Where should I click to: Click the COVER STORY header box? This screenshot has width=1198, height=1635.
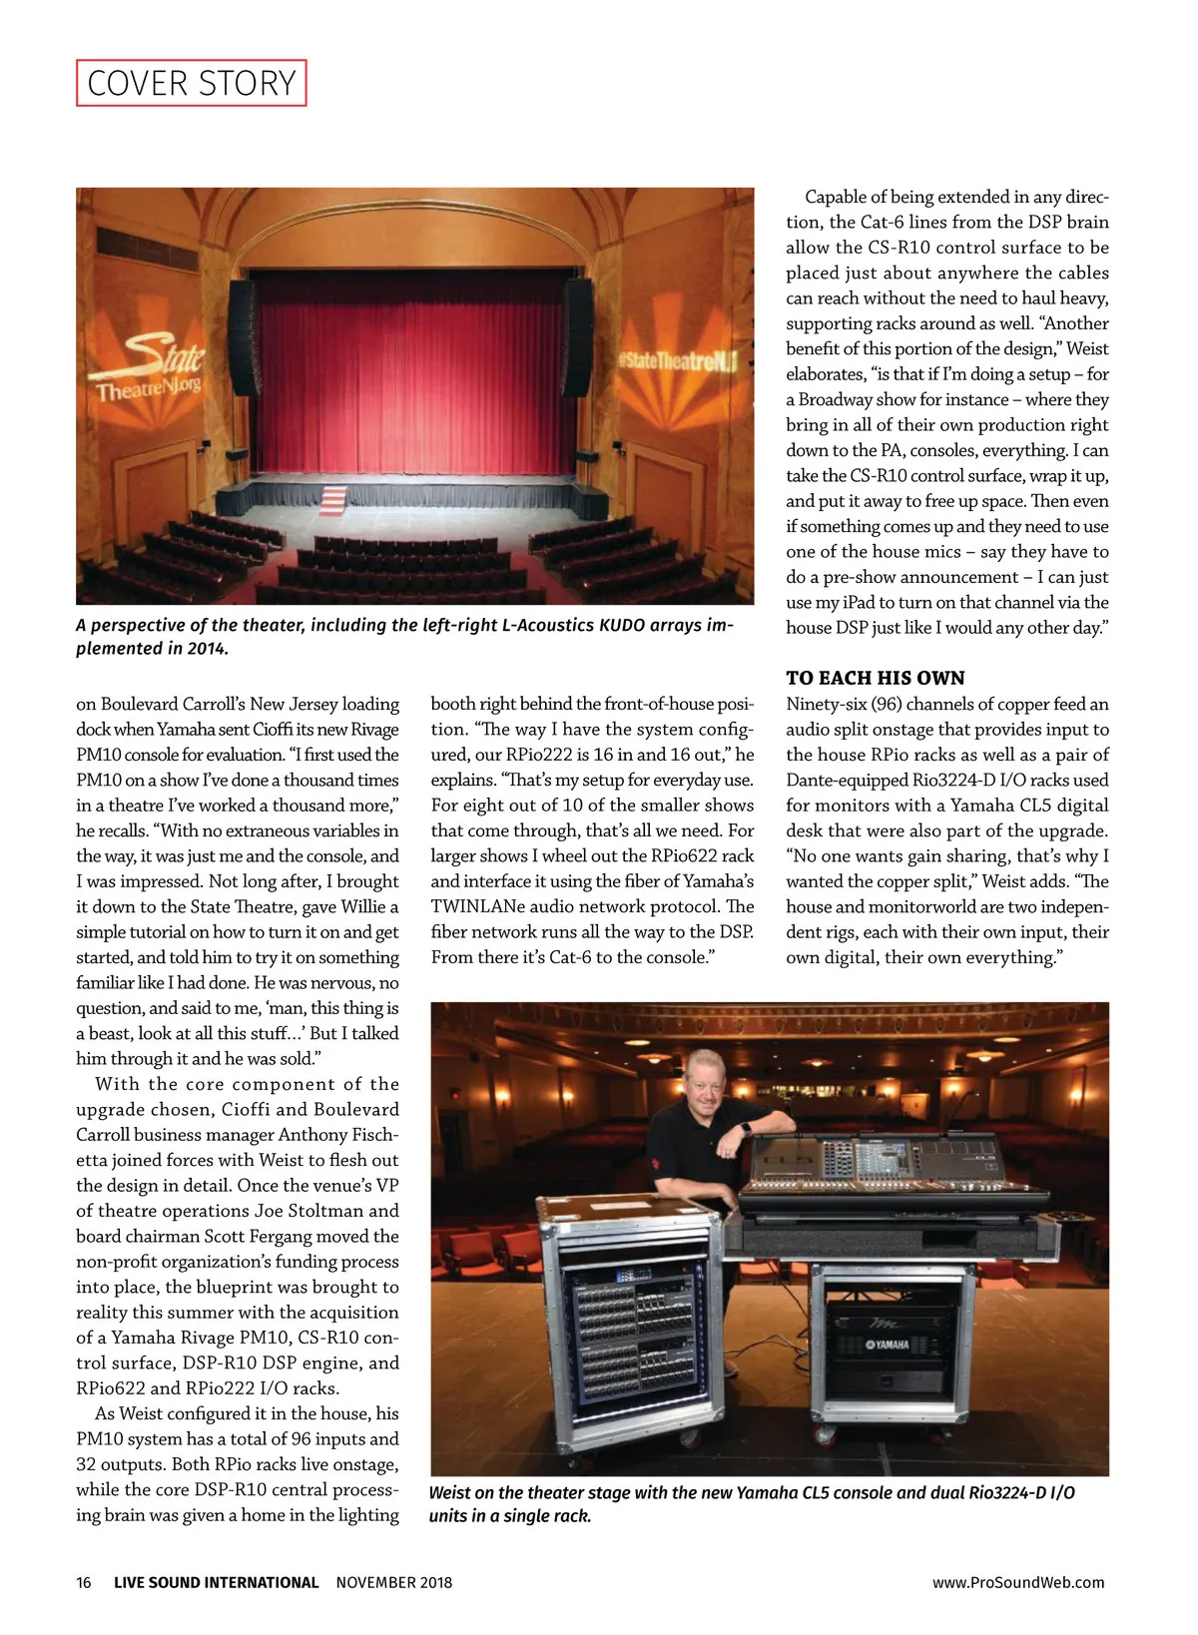coord(191,83)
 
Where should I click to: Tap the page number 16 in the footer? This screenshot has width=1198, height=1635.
coord(84,1582)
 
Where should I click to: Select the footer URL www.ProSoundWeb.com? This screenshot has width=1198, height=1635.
coord(1018,1582)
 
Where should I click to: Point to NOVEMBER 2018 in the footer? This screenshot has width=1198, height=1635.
coord(393,1582)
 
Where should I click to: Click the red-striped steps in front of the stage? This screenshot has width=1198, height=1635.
coord(333,497)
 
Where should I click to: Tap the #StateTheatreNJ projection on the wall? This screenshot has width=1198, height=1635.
coord(676,360)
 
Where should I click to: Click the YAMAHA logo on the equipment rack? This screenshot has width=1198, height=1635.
coord(887,1345)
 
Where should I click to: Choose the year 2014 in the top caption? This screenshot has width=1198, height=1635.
coord(206,648)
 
